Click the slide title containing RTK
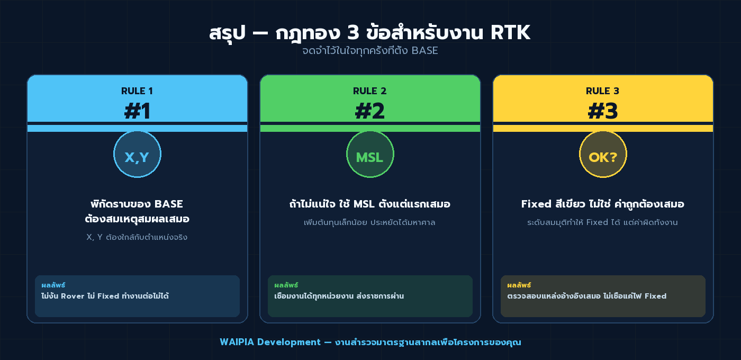coord(369,33)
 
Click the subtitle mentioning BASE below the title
coord(369,51)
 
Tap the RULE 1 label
coord(137,91)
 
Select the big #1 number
coord(137,111)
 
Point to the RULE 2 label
coord(370,91)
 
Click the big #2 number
coord(370,111)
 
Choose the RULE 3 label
coord(603,91)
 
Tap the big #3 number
coord(603,111)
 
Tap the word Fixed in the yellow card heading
coord(537,204)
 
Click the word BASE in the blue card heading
coord(169,204)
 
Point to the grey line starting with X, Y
coord(137,238)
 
